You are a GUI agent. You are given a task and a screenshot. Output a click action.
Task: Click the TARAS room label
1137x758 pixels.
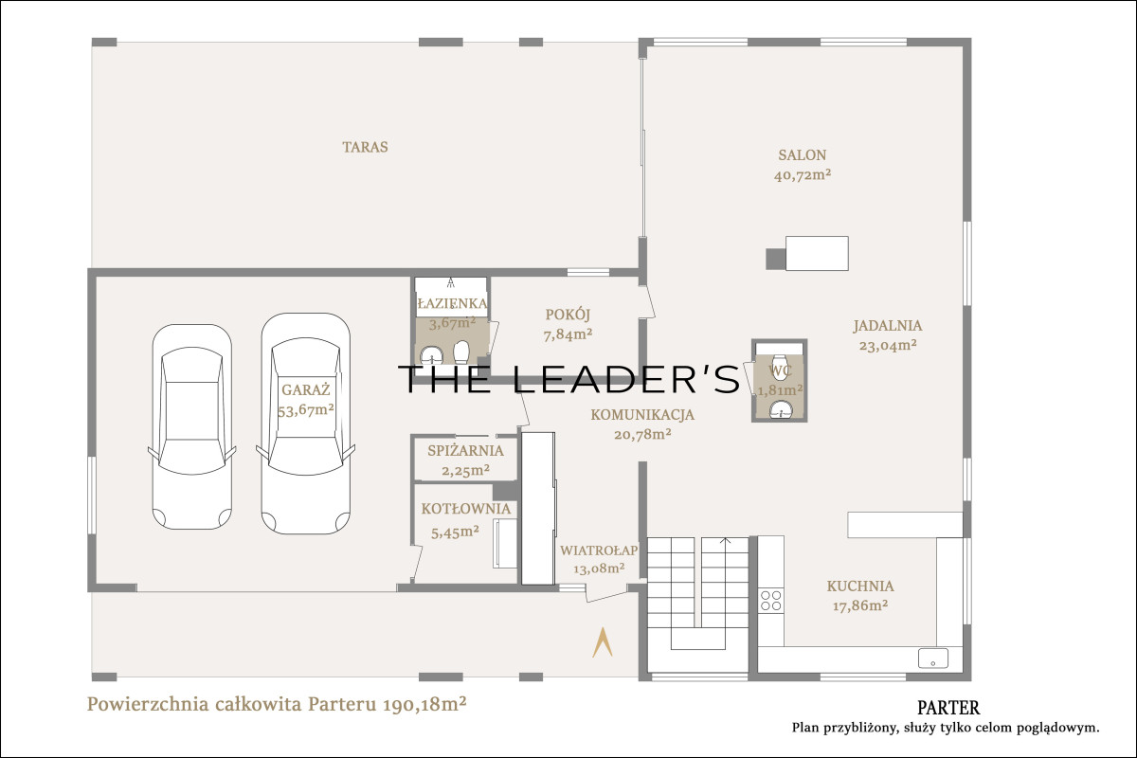365,147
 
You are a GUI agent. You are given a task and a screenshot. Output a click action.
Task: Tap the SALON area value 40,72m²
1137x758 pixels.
803,175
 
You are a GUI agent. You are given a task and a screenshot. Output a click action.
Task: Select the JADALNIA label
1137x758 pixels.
888,326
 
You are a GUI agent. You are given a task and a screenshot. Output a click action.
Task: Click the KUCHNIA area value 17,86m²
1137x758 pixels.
860,605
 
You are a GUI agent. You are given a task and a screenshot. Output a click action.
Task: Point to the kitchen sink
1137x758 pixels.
933,658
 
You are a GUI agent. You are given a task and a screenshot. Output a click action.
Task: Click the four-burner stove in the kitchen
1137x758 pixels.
770,600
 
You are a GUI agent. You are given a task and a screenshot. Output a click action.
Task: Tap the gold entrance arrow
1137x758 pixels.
603,642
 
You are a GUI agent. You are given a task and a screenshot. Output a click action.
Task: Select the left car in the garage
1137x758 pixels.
191,426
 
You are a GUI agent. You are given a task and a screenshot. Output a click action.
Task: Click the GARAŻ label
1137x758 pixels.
305,390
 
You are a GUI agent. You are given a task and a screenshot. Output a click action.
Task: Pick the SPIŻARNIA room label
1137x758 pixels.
465,451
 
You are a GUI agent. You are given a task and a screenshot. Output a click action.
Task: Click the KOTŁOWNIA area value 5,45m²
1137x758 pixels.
456,532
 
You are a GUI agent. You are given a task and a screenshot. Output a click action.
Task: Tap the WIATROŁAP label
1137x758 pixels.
599,550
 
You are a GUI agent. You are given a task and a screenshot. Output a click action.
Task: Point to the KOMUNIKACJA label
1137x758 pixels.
642,415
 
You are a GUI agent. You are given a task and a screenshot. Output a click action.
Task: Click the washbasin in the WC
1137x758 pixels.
780,409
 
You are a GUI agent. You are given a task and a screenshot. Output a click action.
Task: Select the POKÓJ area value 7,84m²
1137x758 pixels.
568,335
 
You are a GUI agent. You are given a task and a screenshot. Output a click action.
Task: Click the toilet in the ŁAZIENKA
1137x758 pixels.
461,351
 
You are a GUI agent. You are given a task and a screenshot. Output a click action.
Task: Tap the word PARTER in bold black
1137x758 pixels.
948,708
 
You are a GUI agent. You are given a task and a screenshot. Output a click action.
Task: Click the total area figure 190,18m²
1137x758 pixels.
424,705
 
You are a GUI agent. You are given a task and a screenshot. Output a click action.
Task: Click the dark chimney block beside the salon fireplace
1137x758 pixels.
776,259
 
